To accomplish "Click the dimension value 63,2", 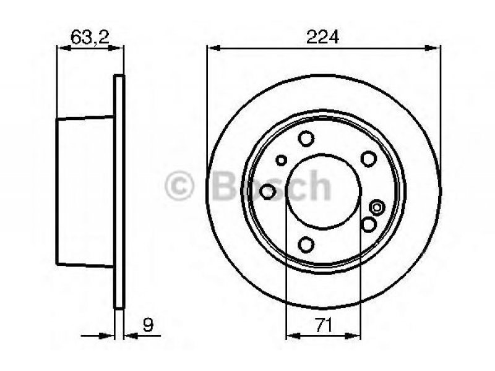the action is [x=90, y=37].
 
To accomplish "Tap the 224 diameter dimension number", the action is [x=322, y=37].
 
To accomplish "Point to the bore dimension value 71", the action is [x=324, y=325].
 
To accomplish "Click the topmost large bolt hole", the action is [x=306, y=139].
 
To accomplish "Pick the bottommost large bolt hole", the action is [x=306, y=244].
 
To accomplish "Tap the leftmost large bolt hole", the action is [x=267, y=192].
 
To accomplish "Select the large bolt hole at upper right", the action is [x=368, y=159].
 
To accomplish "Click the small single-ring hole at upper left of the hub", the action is [x=281, y=160].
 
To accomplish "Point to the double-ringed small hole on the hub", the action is [x=377, y=208].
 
